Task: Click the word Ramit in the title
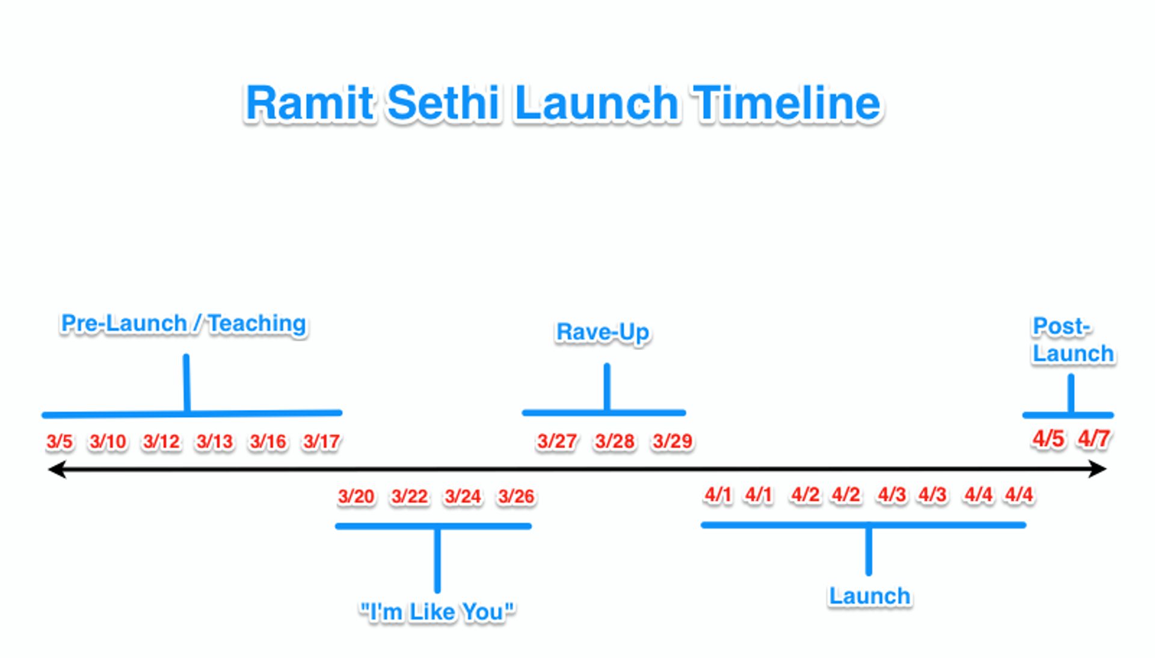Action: (x=309, y=103)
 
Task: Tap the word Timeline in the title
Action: (x=787, y=103)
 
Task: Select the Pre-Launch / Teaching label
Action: (x=183, y=324)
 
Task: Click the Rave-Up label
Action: (x=602, y=332)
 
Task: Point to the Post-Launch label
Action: (x=1073, y=340)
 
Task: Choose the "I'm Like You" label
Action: (x=437, y=612)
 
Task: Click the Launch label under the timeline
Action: (x=869, y=596)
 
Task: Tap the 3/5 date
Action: (x=60, y=441)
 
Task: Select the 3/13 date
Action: (x=215, y=441)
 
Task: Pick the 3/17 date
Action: (x=322, y=441)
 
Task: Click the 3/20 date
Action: (x=356, y=496)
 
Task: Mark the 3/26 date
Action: (x=516, y=496)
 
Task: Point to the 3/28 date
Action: (x=614, y=441)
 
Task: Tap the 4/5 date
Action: (x=1049, y=438)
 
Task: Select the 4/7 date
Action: (x=1094, y=438)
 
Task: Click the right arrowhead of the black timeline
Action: (x=1098, y=469)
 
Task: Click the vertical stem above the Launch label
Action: (x=869, y=550)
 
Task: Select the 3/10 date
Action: (x=108, y=441)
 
